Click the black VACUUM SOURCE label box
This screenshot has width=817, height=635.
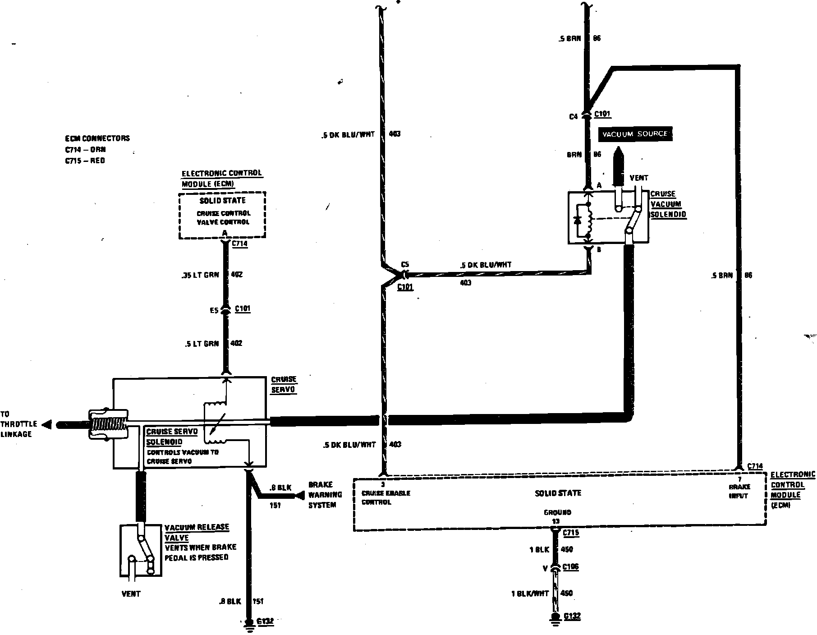(x=634, y=134)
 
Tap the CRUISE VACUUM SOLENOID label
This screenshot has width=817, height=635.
(x=668, y=204)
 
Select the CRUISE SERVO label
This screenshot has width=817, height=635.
(x=284, y=385)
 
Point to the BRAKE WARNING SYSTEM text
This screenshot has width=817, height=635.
(x=325, y=495)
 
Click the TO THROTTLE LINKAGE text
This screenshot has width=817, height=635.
(x=16, y=424)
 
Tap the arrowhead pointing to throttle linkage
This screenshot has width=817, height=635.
(x=46, y=424)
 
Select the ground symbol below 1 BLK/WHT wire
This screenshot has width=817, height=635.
(x=555, y=620)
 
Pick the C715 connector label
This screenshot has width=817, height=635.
(x=571, y=533)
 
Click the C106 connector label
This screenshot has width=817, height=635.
(x=571, y=567)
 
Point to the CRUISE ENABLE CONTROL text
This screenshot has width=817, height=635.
(x=386, y=497)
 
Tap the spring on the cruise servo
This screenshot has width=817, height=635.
(x=108, y=424)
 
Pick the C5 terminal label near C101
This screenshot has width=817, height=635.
(x=404, y=265)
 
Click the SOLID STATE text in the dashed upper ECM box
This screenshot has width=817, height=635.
(x=222, y=200)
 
